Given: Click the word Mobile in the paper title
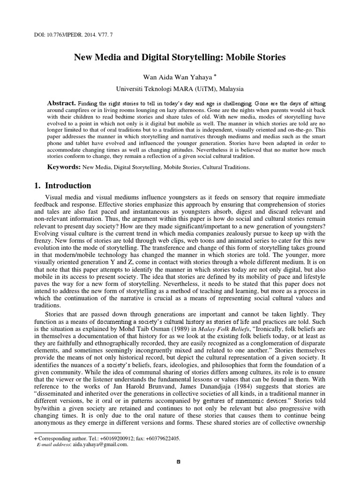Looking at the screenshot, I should (x=226, y=58).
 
